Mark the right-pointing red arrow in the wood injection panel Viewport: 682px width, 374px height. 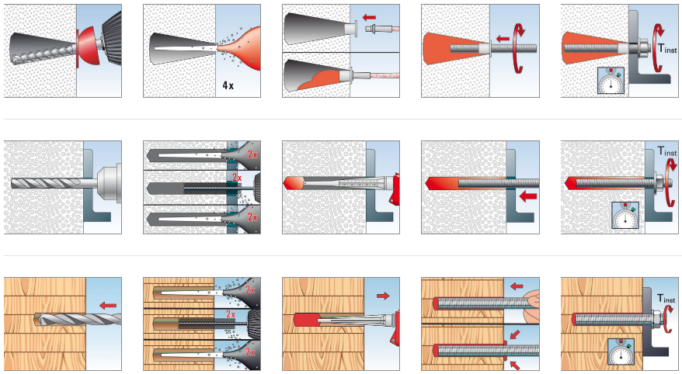[381, 296]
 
